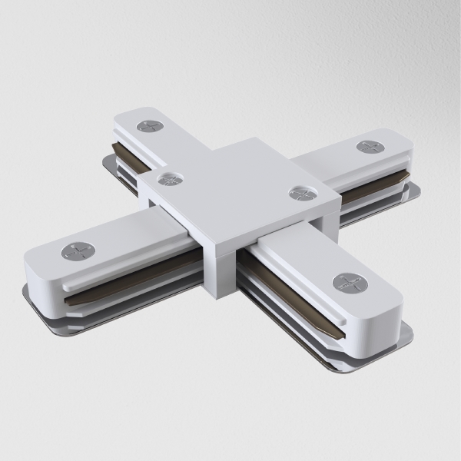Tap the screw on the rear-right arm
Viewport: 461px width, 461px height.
[370, 146]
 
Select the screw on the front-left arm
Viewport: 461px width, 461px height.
[78, 250]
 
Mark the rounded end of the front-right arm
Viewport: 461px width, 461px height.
[384, 307]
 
